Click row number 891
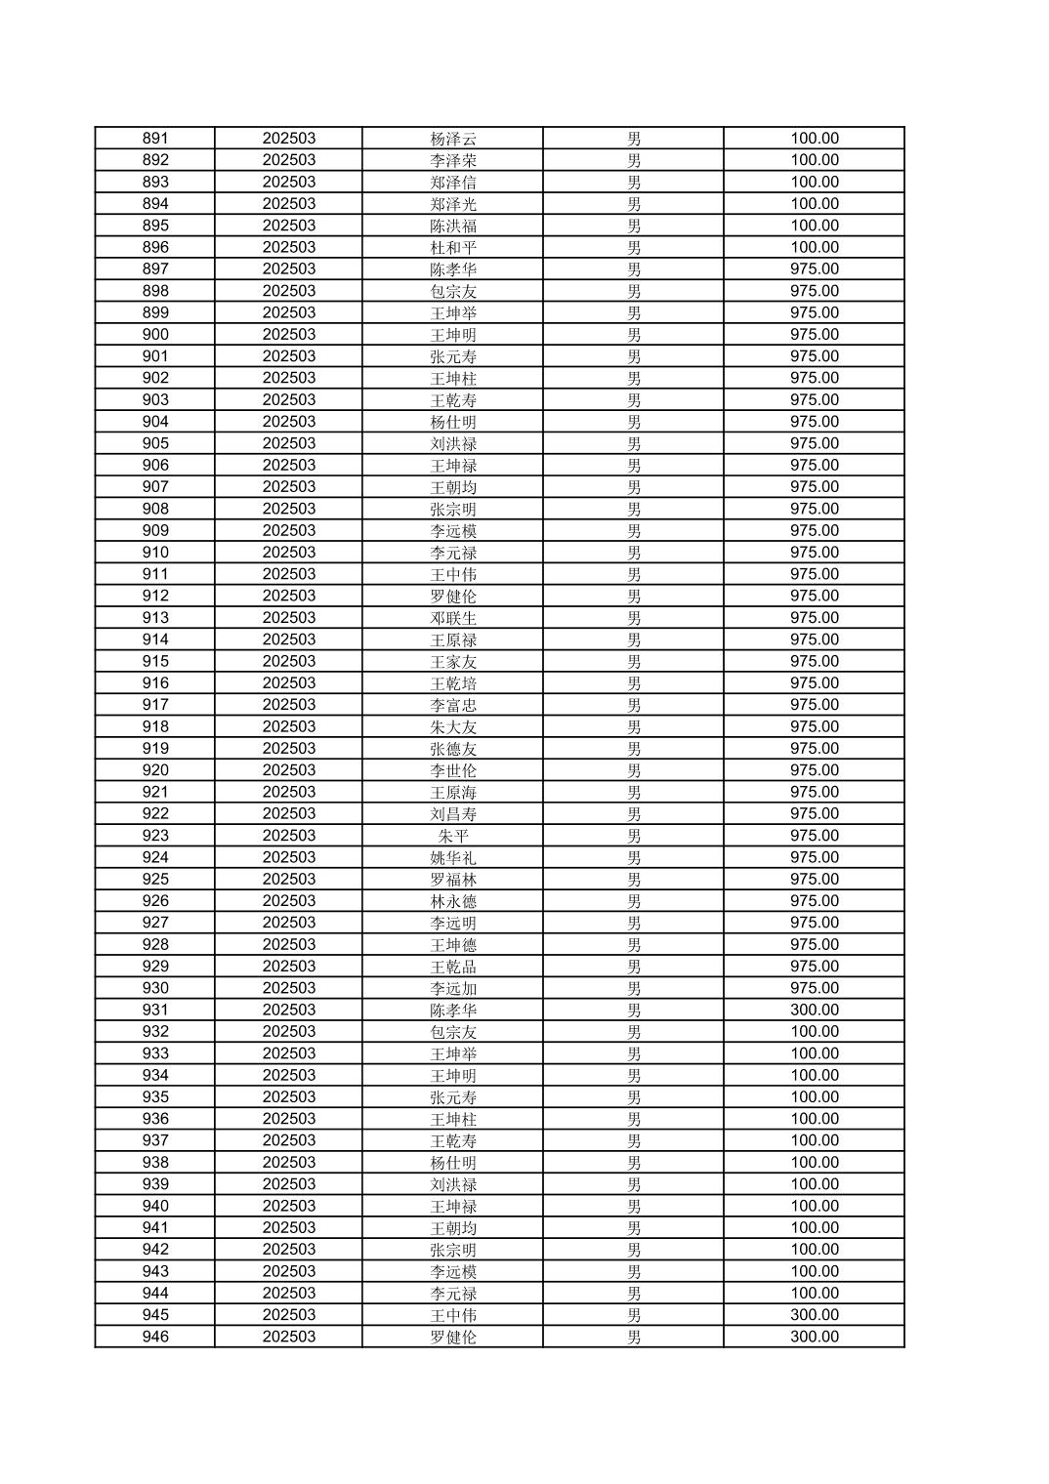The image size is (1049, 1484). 155,139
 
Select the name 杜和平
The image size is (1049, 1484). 453,248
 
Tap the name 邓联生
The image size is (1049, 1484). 453,618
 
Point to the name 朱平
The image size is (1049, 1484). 453,836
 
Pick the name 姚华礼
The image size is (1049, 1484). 453,857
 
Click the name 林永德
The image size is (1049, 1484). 453,901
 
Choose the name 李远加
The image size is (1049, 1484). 453,988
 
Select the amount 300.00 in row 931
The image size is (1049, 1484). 814,1010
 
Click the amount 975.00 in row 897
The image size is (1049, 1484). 814,269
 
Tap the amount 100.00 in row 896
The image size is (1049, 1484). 814,248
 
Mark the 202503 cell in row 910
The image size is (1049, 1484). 288,553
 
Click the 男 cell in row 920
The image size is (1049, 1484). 634,770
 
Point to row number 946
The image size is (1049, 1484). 155,1337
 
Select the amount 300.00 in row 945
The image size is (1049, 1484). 814,1315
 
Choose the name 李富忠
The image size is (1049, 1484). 453,705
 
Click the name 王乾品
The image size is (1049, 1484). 453,967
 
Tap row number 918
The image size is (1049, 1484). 155,726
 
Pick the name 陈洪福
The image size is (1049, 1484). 453,226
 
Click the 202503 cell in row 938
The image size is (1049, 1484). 288,1163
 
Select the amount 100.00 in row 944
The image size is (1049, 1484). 814,1294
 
